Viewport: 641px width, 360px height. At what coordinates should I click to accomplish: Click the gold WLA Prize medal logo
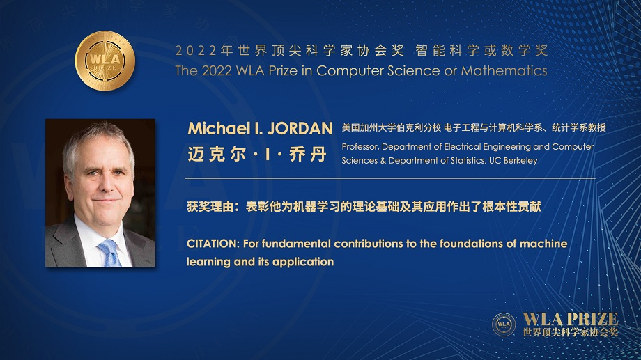pyautogui.click(x=105, y=61)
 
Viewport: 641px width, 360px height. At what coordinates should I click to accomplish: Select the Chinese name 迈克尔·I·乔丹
pyautogui.click(x=256, y=155)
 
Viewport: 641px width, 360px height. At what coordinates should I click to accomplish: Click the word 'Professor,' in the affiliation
pyautogui.click(x=360, y=147)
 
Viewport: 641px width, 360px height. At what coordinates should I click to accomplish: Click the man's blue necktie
pyautogui.click(x=109, y=252)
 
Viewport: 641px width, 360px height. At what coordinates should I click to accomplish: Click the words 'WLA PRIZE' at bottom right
pyautogui.click(x=570, y=319)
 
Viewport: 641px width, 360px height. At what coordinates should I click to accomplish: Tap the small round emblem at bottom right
pyautogui.click(x=504, y=324)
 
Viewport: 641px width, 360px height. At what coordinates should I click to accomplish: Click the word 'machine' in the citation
pyautogui.click(x=545, y=244)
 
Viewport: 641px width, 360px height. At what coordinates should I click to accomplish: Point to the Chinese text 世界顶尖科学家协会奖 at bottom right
pyautogui.click(x=570, y=332)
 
